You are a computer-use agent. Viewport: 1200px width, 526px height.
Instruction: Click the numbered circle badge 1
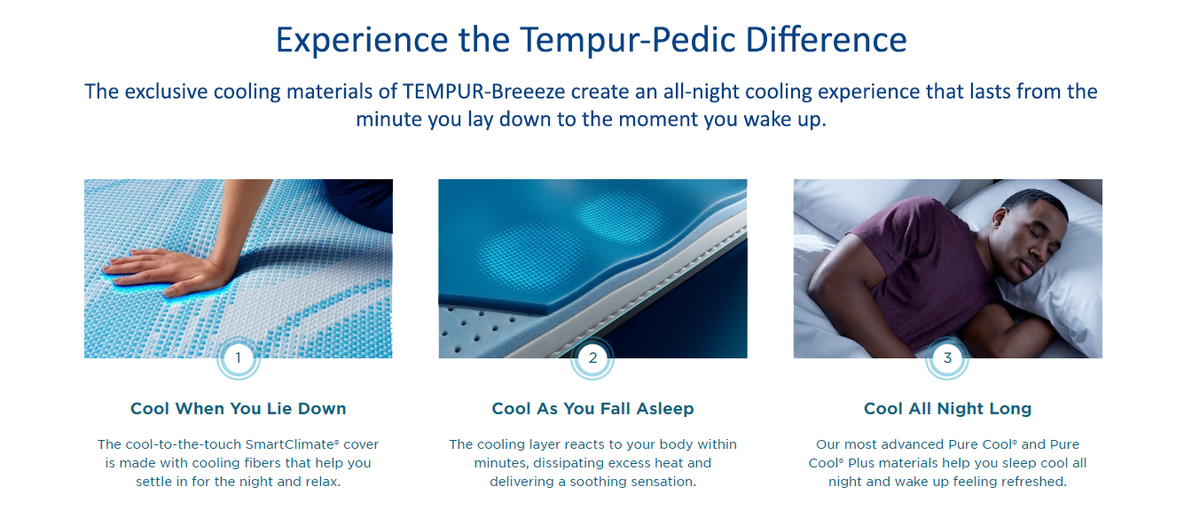tap(239, 357)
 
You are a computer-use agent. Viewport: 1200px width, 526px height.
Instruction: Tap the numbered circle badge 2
tap(592, 357)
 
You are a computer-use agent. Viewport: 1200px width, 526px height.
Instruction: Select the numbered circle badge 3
tap(947, 357)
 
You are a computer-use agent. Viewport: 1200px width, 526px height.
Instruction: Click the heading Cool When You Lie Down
tap(239, 409)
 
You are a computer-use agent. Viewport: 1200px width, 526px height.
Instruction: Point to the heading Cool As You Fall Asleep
tap(592, 409)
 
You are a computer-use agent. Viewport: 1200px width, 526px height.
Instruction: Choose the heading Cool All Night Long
tap(948, 409)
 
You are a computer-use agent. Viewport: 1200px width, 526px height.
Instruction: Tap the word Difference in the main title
tap(826, 40)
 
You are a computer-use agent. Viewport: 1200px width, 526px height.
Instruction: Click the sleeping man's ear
tap(1000, 218)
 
